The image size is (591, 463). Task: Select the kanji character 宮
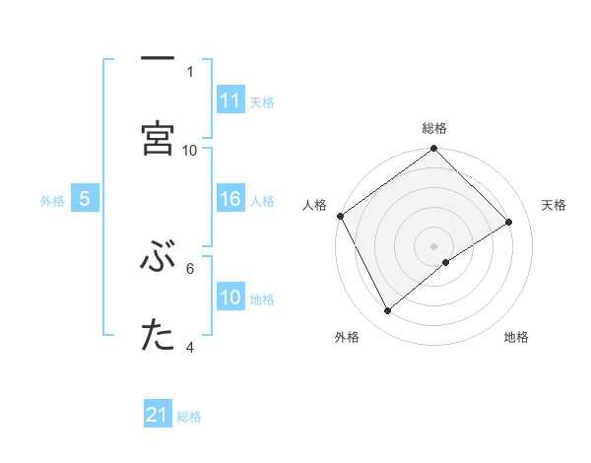pos(158,137)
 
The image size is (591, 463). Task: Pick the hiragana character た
pos(158,336)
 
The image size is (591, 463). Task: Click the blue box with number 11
pos(230,100)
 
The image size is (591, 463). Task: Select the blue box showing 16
pos(230,200)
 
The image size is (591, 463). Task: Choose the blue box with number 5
pos(85,200)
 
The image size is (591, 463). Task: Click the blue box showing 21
pos(158,416)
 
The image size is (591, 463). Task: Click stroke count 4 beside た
pos(190,347)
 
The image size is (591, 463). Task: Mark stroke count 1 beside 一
pos(190,71)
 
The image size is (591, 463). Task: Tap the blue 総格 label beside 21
pos(190,417)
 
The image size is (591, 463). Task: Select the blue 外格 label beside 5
pos(52,201)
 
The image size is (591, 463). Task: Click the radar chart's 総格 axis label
pos(434,128)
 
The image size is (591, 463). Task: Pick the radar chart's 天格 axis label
pos(555,205)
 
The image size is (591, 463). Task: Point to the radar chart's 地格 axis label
pos(516,338)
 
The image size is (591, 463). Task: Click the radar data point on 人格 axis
pos(340,216)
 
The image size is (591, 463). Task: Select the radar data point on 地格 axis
pos(446,262)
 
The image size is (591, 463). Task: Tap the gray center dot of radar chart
pos(434,245)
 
